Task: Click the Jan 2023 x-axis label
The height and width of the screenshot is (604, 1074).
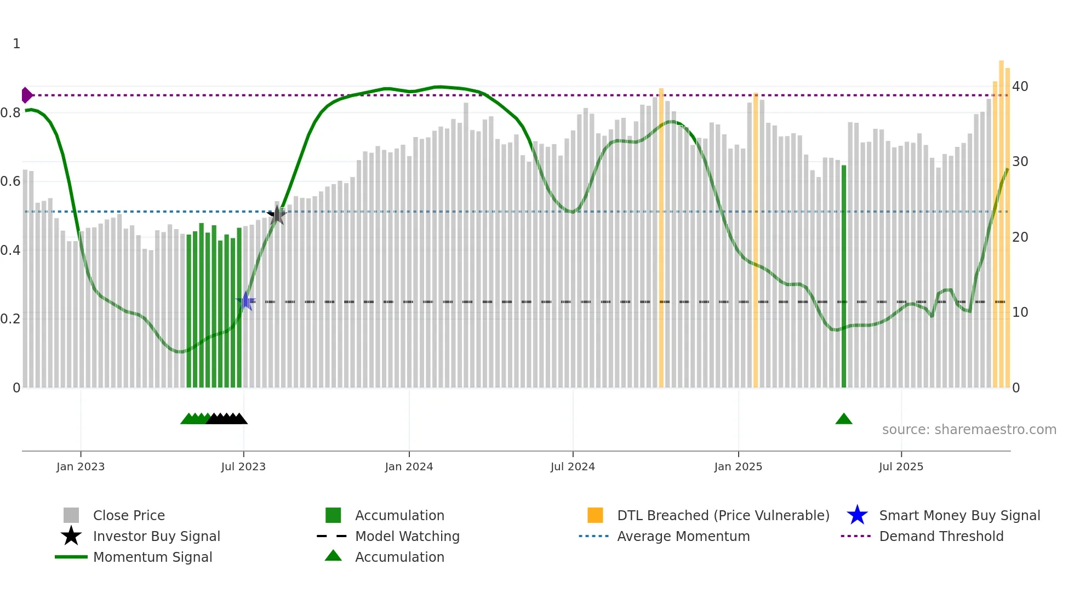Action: [81, 466]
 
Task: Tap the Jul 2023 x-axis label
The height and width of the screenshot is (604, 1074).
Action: [243, 466]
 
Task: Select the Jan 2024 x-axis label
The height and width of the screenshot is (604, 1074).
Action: [409, 466]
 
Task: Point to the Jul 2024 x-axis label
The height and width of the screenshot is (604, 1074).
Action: [573, 466]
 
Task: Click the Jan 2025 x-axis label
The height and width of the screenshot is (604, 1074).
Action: [738, 466]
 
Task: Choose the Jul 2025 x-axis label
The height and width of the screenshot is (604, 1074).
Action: [901, 466]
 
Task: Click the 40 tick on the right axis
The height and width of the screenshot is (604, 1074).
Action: [1020, 87]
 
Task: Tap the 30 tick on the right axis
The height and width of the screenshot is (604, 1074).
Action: [1020, 162]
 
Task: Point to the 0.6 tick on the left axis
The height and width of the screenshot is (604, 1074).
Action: [10, 181]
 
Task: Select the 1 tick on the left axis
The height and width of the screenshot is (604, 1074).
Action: [16, 44]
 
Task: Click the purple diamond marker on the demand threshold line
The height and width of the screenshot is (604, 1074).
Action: [27, 95]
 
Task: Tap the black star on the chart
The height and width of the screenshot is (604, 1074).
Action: [277, 215]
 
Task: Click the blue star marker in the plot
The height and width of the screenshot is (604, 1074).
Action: [245, 301]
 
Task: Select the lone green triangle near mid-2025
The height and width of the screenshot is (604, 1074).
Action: [844, 419]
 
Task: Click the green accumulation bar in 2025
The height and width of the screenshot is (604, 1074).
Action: [844, 274]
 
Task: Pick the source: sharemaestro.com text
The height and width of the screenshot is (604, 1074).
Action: [969, 430]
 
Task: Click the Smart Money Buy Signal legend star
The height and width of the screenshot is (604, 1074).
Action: [857, 515]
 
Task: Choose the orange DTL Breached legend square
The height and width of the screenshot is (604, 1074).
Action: [595, 515]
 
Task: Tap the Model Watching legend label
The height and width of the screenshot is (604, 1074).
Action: [407, 536]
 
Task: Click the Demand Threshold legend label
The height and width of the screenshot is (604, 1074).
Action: [941, 536]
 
